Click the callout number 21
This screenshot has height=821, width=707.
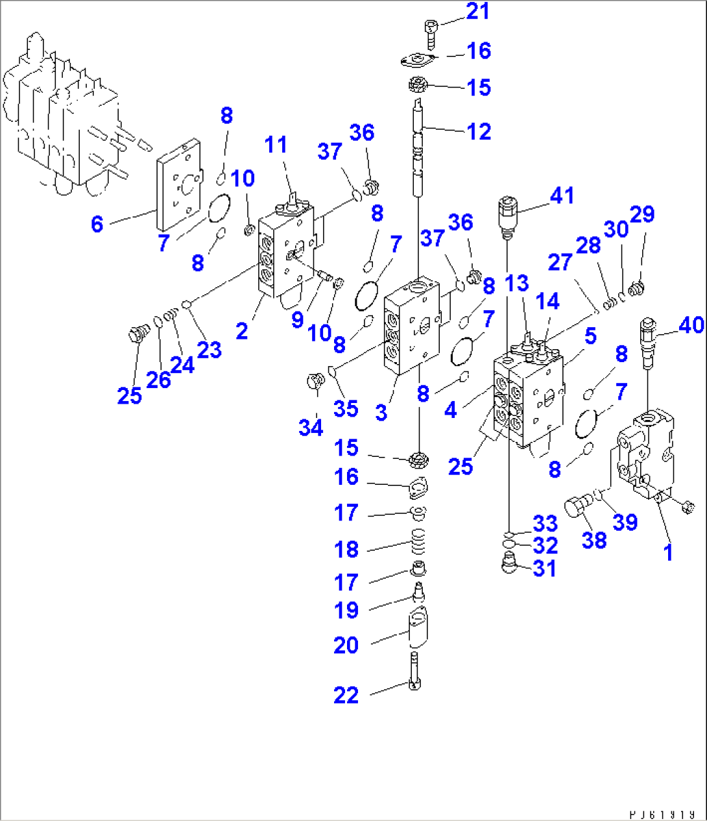(x=479, y=12)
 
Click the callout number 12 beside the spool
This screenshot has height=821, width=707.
(x=479, y=132)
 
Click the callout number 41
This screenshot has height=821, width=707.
(x=562, y=195)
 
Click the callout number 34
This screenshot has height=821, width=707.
(x=311, y=427)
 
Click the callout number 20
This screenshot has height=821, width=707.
(x=346, y=645)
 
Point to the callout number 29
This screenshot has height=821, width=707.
(x=641, y=214)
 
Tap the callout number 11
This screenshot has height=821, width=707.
(x=276, y=144)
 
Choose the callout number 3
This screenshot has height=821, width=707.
(x=381, y=412)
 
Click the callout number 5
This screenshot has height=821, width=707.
(x=590, y=336)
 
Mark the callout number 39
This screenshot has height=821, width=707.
(x=625, y=522)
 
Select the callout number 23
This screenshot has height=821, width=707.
(x=209, y=350)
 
